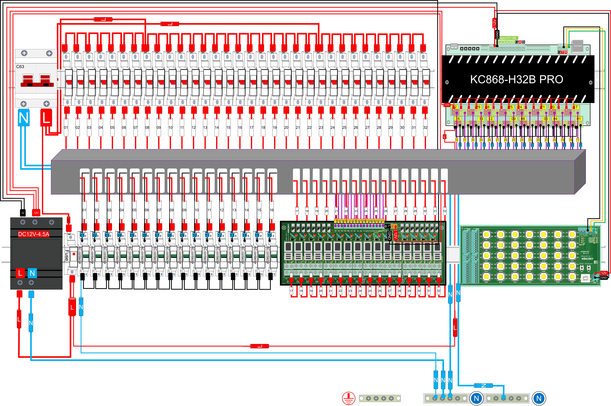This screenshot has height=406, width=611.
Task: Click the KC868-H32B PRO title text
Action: (517, 79)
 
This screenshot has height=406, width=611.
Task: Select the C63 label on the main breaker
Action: (20, 67)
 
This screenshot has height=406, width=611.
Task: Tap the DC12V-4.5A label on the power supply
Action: (34, 234)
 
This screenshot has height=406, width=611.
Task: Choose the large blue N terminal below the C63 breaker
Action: (24, 118)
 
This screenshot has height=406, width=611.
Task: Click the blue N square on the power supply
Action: (32, 273)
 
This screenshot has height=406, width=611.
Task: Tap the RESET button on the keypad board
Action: (582, 268)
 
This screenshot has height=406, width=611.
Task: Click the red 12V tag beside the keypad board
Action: (604, 273)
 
